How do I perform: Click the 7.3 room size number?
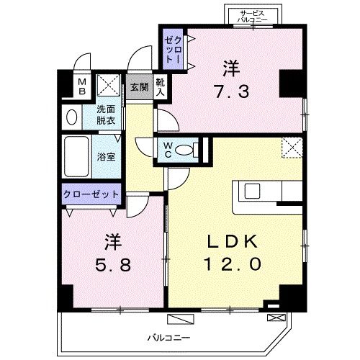[x=231, y=91]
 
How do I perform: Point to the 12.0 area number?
[x=230, y=264]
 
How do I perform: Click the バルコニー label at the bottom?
[x=170, y=336]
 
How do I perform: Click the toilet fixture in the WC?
[x=186, y=150]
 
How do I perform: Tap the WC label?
[x=167, y=148]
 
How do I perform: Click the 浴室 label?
[x=105, y=156]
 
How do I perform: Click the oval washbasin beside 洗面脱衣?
[x=73, y=117]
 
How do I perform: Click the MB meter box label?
[x=82, y=87]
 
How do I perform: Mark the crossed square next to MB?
[x=109, y=86]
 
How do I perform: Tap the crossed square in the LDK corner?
[x=291, y=147]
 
